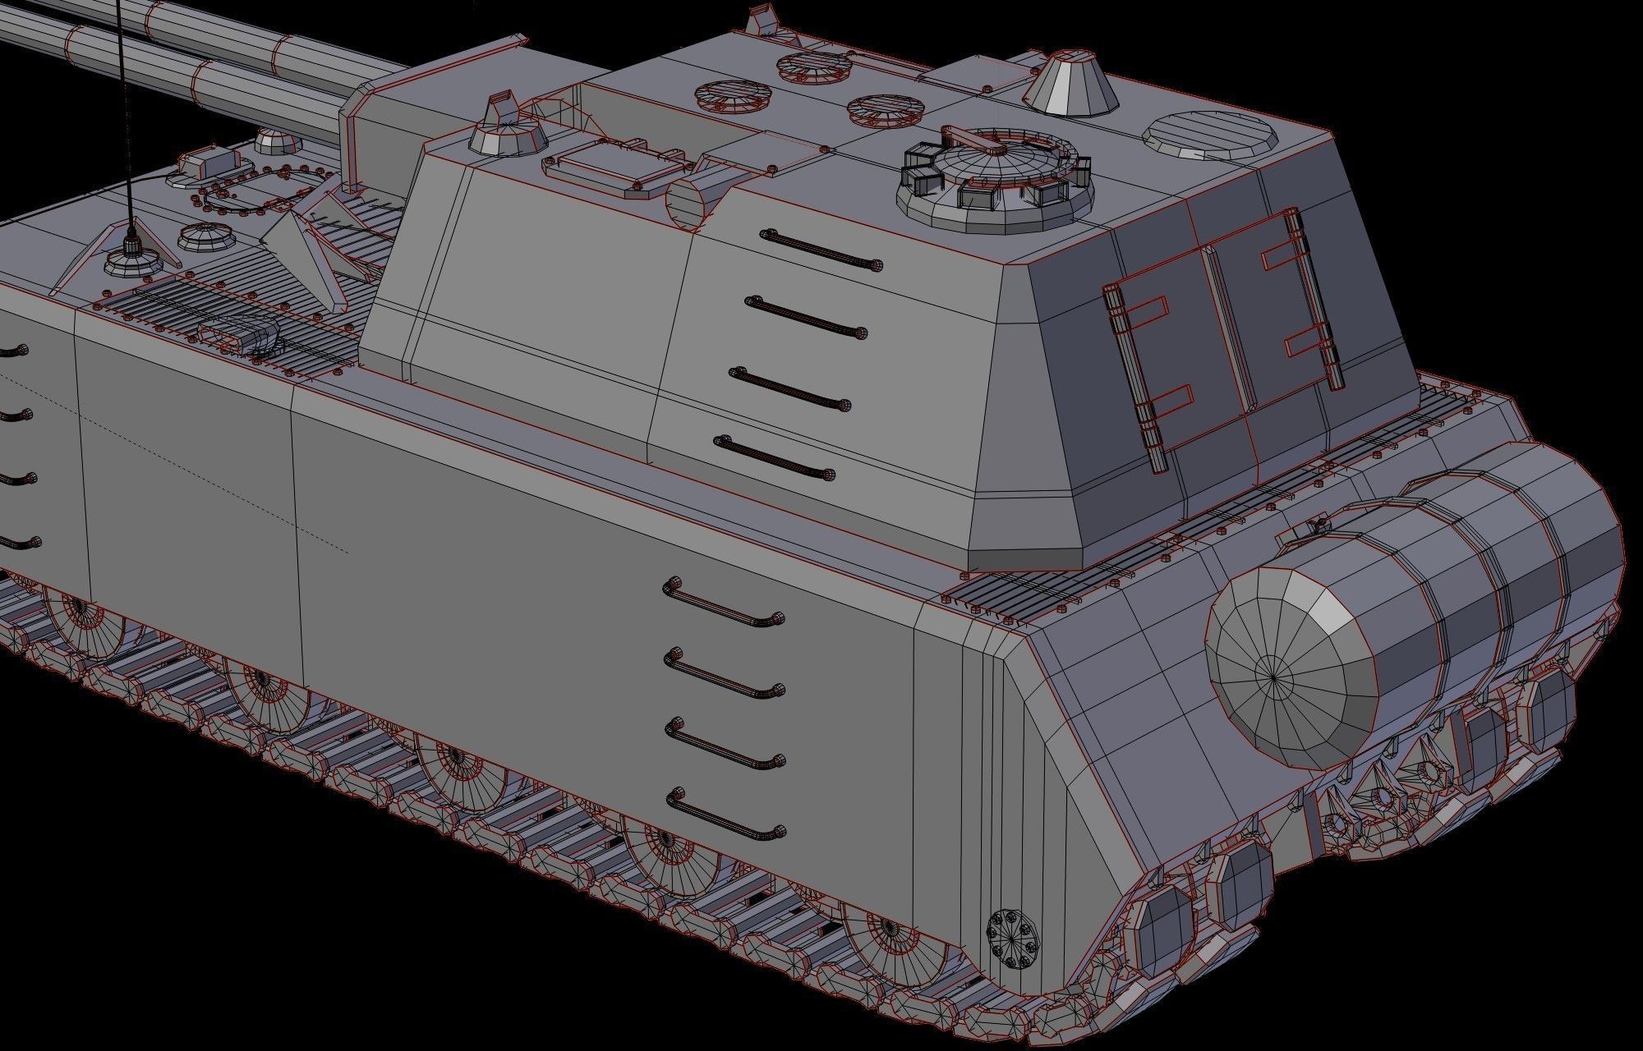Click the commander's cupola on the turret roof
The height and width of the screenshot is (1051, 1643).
pos(994,181)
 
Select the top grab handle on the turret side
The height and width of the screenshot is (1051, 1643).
pos(821,250)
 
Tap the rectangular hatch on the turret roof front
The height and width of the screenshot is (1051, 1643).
pos(612,168)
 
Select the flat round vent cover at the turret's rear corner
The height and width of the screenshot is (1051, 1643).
pos(1212,136)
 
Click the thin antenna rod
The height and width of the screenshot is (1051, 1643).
pos(123,107)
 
